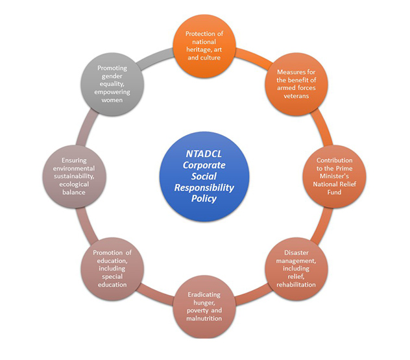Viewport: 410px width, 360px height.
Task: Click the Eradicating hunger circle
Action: tap(204, 306)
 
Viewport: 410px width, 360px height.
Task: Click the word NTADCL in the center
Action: tap(204, 154)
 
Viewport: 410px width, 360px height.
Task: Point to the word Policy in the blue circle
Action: tap(204, 198)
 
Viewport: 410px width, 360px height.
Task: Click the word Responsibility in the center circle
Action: tap(204, 187)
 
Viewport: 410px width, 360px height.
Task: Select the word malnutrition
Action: tap(204, 318)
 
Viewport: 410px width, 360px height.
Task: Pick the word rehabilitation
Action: tap(296, 284)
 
